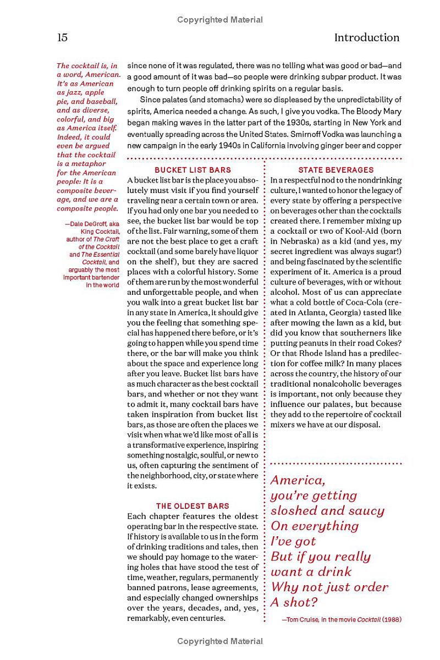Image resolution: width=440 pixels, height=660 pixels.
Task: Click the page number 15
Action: [x=62, y=37]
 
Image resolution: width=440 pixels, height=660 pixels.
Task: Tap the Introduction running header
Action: [x=366, y=37]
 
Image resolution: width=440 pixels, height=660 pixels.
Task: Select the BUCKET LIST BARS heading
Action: [x=193, y=170]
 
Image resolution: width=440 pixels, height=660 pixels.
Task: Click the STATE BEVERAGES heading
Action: [x=335, y=170]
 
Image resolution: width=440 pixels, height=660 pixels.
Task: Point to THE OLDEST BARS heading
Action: [x=193, y=506]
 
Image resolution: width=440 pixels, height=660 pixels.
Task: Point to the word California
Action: [x=278, y=145]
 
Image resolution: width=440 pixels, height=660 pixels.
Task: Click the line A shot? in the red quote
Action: [x=294, y=602]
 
